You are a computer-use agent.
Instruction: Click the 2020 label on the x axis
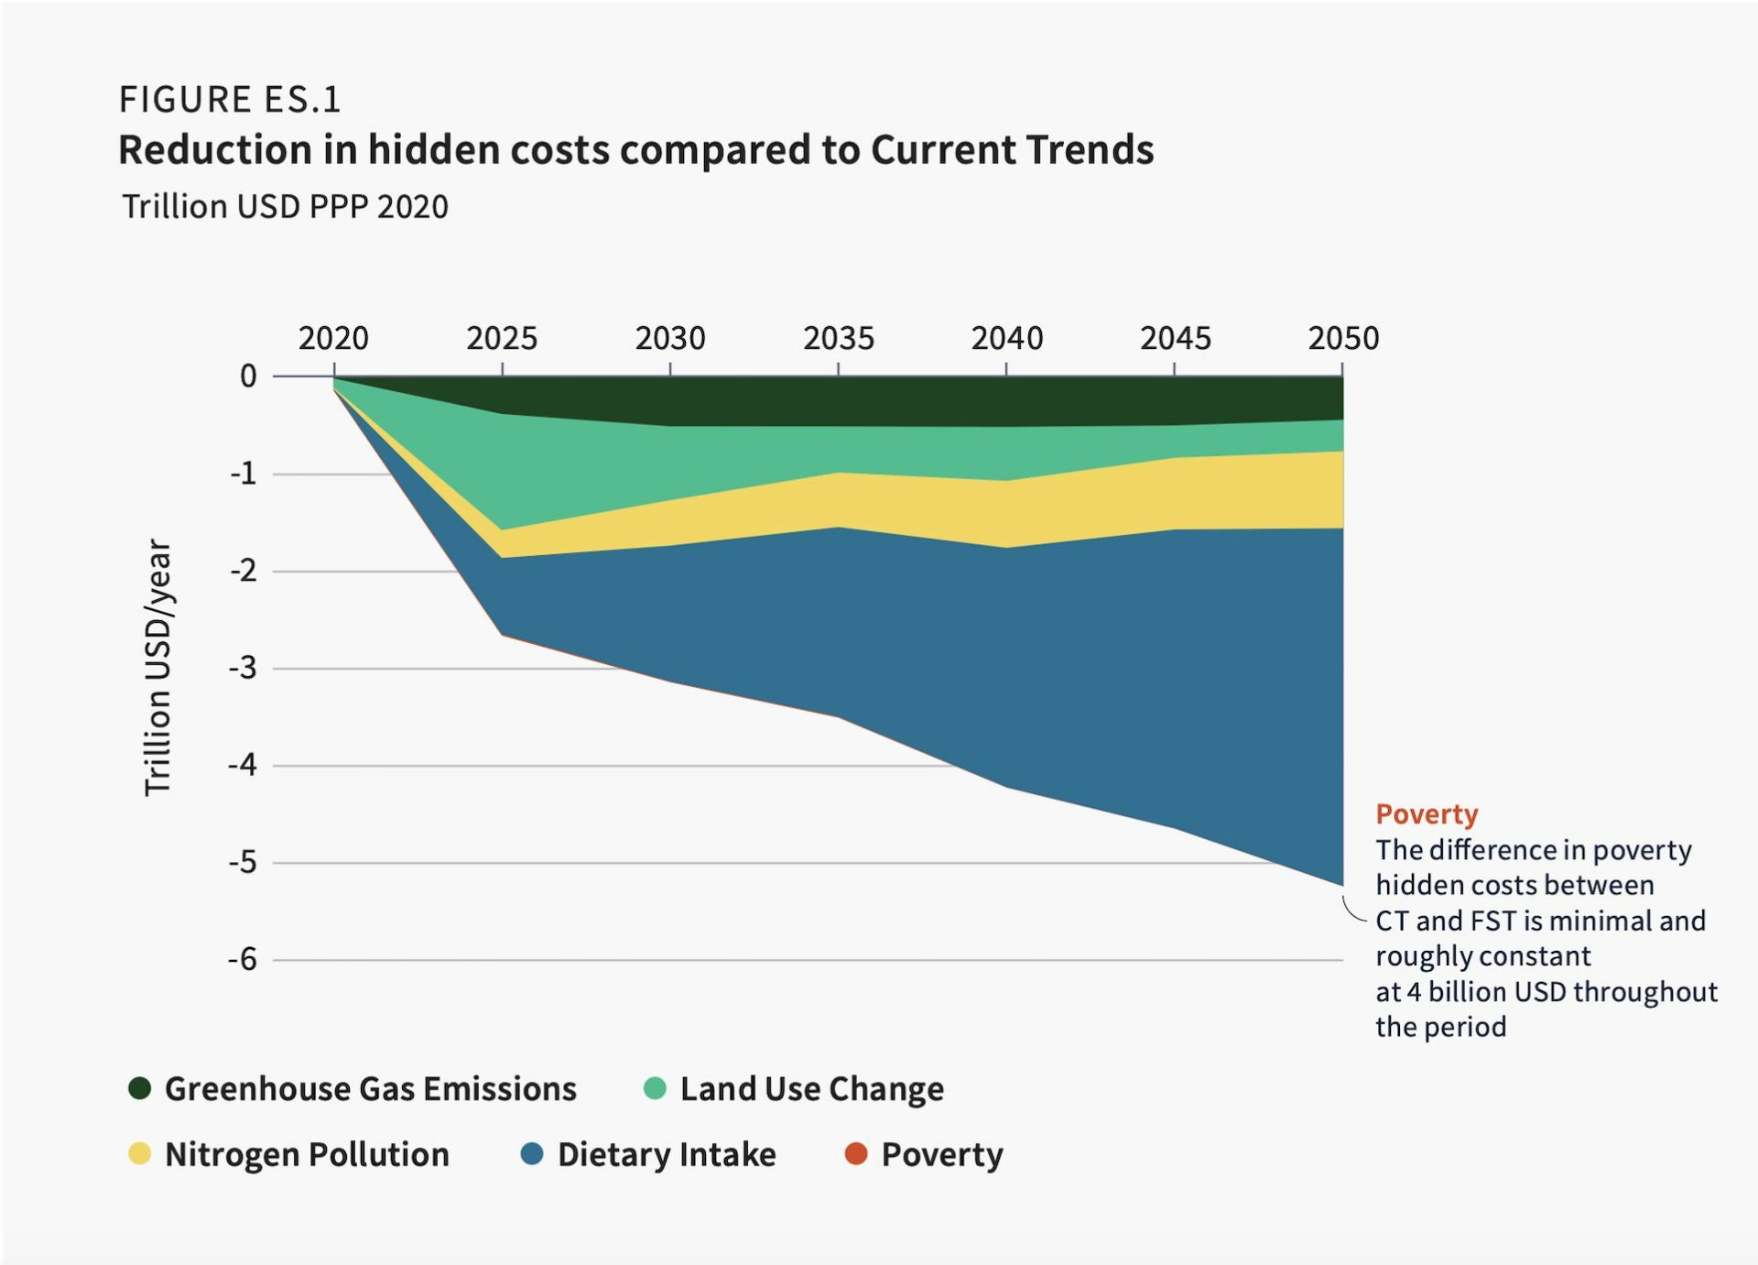[x=333, y=338]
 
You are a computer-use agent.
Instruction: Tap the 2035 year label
[x=838, y=338]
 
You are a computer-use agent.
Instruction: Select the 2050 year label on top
[x=1342, y=338]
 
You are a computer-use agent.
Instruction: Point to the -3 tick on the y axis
[x=244, y=668]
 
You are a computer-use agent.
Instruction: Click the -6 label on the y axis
[x=244, y=959]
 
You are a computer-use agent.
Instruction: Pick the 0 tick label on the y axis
[x=248, y=376]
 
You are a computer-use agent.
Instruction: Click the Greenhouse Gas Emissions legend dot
[x=140, y=1087]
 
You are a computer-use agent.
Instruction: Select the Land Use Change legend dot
[x=655, y=1087]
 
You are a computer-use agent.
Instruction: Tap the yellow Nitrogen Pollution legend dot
[x=140, y=1153]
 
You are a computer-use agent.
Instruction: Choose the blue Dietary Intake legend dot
[x=532, y=1153]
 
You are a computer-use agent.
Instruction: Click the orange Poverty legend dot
[x=856, y=1153]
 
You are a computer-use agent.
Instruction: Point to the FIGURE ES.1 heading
[x=230, y=99]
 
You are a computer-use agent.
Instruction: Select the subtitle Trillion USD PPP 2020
[x=285, y=207]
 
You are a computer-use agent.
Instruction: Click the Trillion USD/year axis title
[x=158, y=667]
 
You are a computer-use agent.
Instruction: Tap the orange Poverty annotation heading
[x=1427, y=813]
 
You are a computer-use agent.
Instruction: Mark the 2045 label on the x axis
[x=1175, y=338]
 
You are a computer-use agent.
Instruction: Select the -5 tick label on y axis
[x=244, y=862]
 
